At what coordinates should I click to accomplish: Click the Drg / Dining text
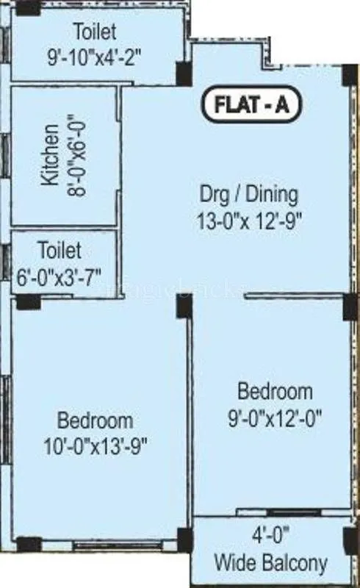click(249, 195)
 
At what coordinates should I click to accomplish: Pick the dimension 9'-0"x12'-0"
click(275, 415)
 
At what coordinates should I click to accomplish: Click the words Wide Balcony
click(270, 564)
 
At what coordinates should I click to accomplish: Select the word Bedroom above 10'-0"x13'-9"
click(96, 421)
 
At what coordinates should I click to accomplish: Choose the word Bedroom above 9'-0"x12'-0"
click(275, 391)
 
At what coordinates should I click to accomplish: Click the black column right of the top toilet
click(183, 73)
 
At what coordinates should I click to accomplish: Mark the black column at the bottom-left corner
click(29, 545)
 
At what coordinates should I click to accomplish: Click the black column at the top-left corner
click(28, 7)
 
